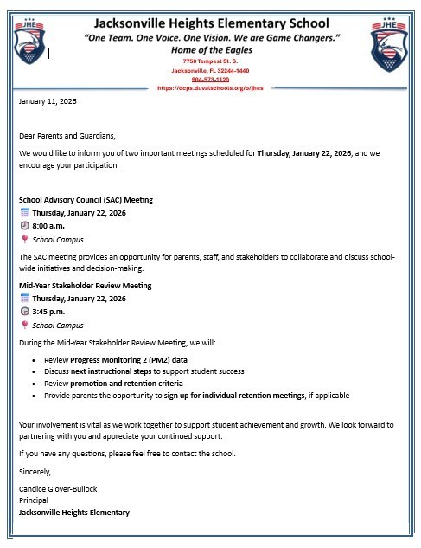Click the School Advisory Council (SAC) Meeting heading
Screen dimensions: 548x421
(86, 200)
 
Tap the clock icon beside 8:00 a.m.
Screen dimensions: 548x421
(24, 226)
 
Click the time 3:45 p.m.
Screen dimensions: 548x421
(52, 312)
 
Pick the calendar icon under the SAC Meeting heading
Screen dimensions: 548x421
(24, 213)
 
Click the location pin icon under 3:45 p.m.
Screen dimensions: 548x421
(24, 326)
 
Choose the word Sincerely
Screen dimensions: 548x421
(35, 472)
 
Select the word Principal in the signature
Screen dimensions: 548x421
(34, 500)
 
